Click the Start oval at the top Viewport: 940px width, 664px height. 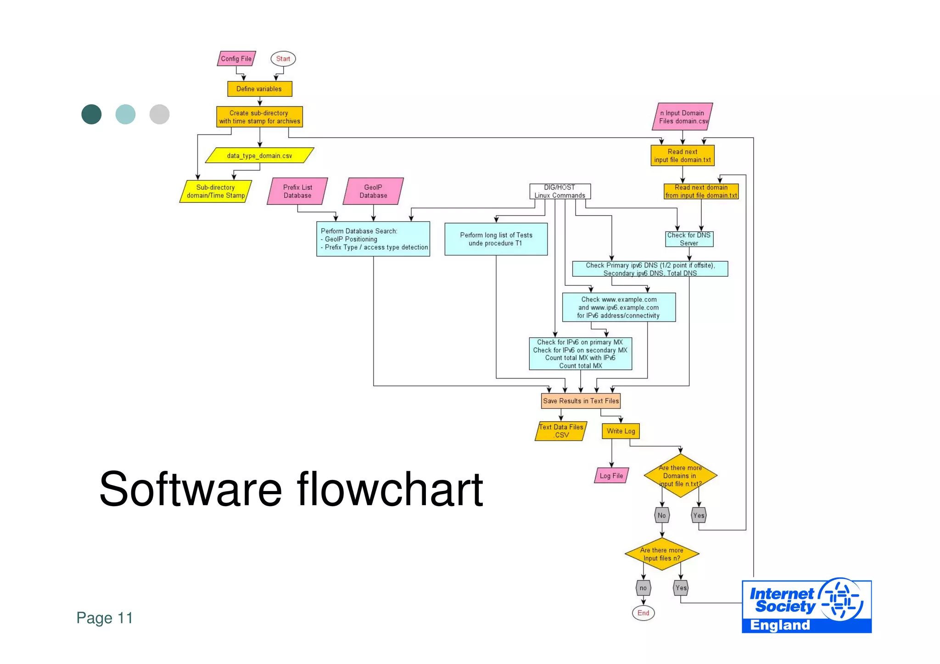click(283, 59)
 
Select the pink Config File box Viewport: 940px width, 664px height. click(236, 59)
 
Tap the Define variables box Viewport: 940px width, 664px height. click(259, 89)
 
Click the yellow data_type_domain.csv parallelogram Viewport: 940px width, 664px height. click(259, 156)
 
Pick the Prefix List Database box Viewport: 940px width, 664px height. click(297, 191)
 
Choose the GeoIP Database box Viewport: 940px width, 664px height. click(373, 191)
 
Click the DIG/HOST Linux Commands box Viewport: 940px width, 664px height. click(560, 191)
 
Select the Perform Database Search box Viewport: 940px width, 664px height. click(373, 239)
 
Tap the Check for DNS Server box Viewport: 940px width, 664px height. click(689, 239)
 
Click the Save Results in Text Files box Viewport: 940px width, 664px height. click(581, 401)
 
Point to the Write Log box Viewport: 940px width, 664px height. click(621, 431)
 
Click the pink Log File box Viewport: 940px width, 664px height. click(611, 476)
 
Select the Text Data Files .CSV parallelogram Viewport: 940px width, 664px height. click(561, 431)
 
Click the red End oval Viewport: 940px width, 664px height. click(643, 613)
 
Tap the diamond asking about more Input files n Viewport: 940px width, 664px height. click(661, 554)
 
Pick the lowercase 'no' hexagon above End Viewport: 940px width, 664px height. click(643, 588)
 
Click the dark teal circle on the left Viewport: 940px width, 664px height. click(91, 114)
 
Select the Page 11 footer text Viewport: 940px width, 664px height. click(105, 618)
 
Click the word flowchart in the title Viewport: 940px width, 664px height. click(390, 489)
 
